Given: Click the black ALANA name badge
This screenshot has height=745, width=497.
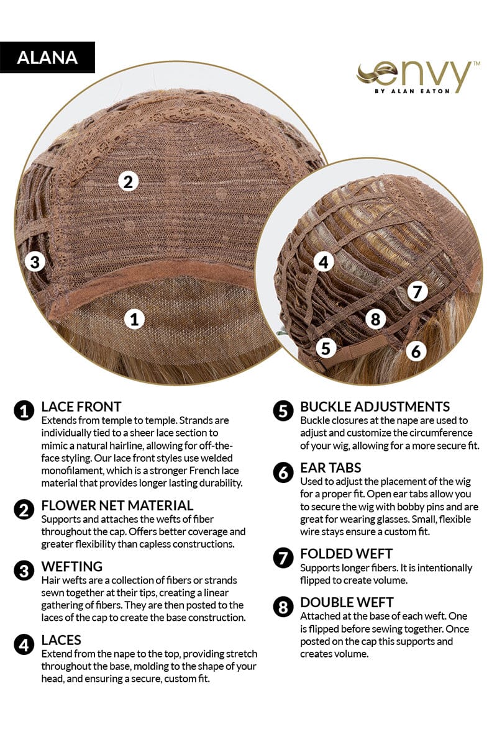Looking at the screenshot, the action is (x=47, y=57).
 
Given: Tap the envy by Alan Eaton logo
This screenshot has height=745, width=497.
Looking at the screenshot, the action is (x=418, y=78).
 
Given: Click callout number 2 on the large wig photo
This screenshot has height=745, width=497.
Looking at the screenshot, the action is (x=128, y=182).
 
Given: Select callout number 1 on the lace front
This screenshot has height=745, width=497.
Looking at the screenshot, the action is (x=134, y=319).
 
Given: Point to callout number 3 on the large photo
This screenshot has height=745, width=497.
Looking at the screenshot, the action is (x=35, y=262).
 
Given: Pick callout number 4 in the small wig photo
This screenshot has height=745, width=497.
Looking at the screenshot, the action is (x=324, y=262).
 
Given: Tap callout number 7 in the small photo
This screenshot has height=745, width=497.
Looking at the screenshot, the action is (x=417, y=292).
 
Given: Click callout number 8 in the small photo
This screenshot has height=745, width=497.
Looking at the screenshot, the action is (x=375, y=319).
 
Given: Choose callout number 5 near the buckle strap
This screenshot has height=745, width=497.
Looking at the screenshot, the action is (x=326, y=348).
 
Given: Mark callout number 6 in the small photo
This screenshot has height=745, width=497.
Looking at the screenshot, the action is (x=416, y=351).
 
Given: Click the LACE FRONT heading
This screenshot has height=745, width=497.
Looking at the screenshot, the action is (x=81, y=407).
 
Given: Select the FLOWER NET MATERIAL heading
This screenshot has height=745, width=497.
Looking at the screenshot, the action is (x=117, y=505).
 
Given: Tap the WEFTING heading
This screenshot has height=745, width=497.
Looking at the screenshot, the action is (x=72, y=566).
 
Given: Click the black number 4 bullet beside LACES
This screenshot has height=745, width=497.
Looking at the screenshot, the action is (x=24, y=645).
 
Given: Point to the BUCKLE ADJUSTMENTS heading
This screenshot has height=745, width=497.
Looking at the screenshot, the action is (x=375, y=407).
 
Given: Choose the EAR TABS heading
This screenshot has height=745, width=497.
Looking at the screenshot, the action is (x=331, y=468).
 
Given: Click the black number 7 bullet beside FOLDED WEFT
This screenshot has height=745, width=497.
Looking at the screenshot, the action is (x=283, y=558).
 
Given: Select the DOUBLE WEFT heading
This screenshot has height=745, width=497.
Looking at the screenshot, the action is (x=347, y=602).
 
